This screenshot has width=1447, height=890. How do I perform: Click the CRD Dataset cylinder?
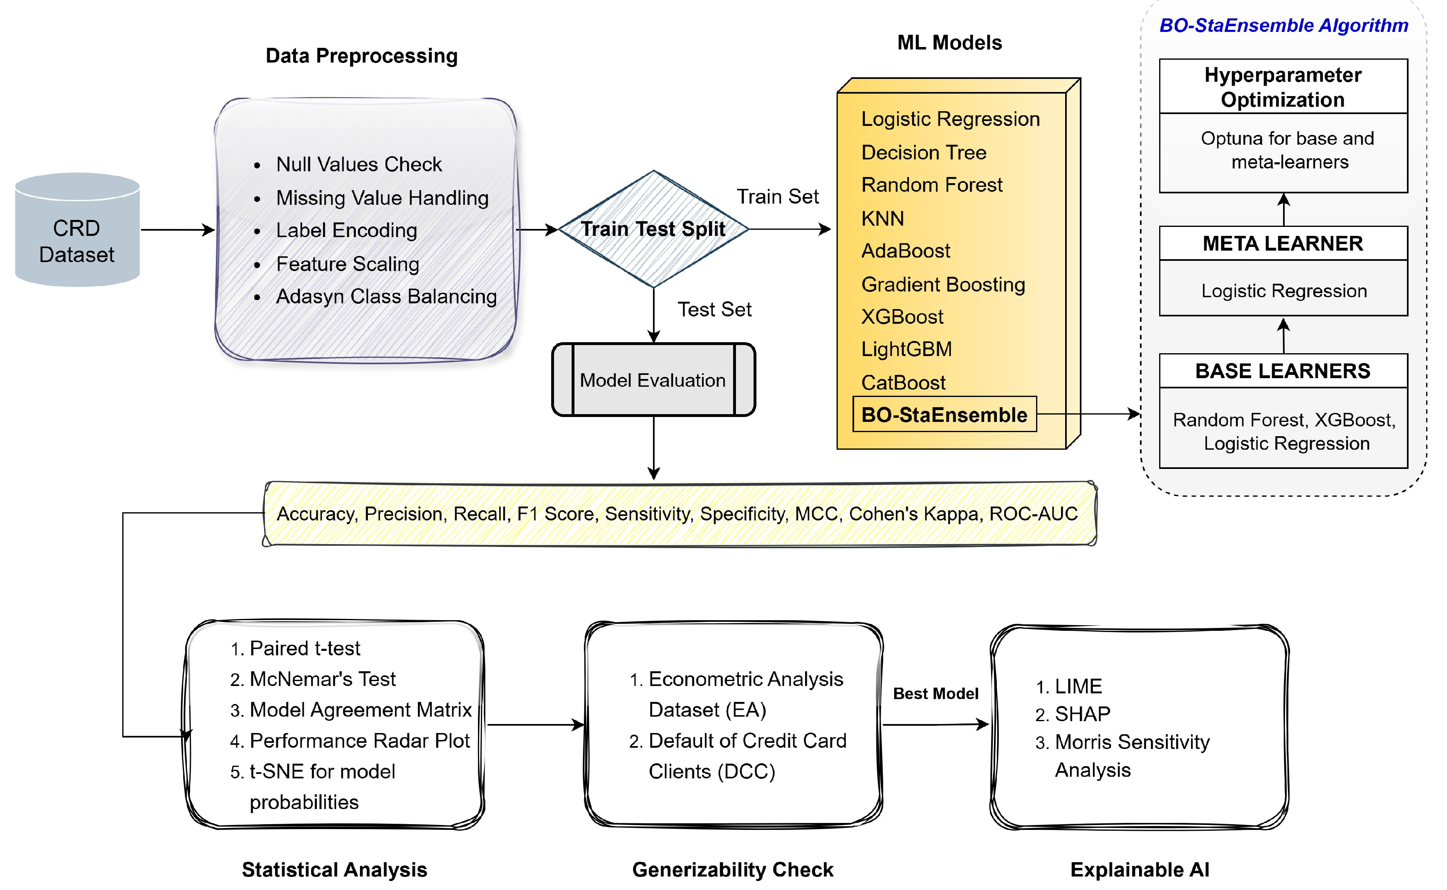click(x=77, y=231)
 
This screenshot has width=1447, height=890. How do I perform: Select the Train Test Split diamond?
click(x=653, y=229)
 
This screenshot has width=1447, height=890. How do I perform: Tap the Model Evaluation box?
click(x=653, y=380)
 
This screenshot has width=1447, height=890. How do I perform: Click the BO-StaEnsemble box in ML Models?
click(x=944, y=415)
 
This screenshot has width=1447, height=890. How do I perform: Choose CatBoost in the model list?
click(x=903, y=383)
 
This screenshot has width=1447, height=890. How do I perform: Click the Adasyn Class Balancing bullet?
click(x=386, y=297)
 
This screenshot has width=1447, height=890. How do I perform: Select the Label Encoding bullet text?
click(x=346, y=231)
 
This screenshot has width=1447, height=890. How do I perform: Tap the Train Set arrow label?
click(x=777, y=197)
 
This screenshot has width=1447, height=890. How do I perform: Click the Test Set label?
click(x=714, y=309)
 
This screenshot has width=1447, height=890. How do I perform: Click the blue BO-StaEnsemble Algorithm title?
click(x=1283, y=25)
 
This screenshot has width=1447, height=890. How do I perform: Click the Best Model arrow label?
click(x=936, y=694)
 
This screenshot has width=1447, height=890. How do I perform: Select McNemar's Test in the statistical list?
click(x=322, y=679)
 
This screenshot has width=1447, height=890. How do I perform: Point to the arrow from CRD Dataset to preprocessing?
click(x=177, y=230)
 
